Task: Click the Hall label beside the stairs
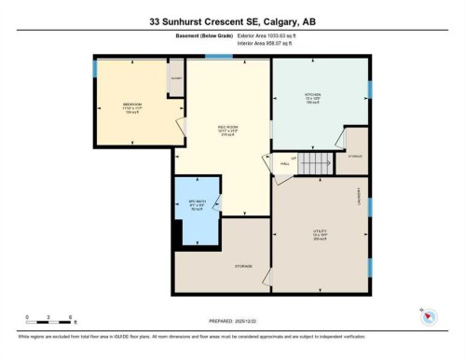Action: pyautogui.click(x=284, y=163)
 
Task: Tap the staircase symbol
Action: pyautogui.click(x=318, y=163)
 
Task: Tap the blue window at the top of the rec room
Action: pyautogui.click(x=219, y=58)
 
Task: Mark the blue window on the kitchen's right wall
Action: pyautogui.click(x=369, y=90)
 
